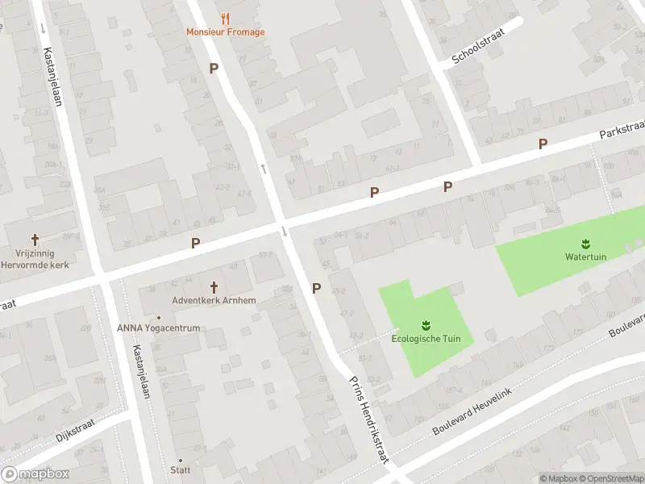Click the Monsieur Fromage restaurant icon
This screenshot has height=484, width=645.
(x=225, y=19)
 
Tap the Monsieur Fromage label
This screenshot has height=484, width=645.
(x=225, y=32)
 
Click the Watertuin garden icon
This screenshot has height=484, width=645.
(x=585, y=244)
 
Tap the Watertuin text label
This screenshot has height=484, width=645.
(x=585, y=257)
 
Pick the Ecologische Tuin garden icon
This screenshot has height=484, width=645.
(x=425, y=325)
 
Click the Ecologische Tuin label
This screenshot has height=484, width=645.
(x=426, y=339)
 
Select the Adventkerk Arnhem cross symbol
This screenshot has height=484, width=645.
(x=214, y=287)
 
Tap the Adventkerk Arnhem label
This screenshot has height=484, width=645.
(x=214, y=301)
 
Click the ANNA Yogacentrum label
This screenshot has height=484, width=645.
(x=158, y=328)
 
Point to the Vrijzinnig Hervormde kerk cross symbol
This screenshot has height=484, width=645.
(x=35, y=240)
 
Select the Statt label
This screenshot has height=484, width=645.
(x=180, y=469)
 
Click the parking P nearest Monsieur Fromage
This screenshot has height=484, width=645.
(x=214, y=69)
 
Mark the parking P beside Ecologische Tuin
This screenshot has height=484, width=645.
(x=316, y=288)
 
